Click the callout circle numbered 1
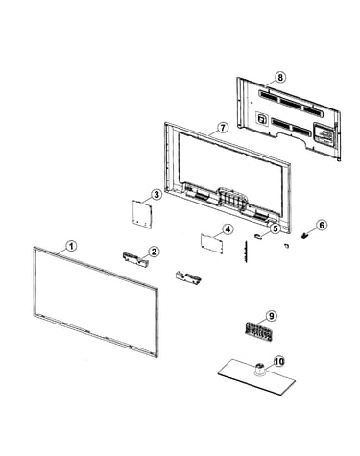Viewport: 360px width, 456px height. (71, 246)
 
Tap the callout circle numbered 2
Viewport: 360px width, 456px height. (154, 252)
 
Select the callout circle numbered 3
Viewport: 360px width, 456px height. (156, 195)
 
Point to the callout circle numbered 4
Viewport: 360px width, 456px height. (228, 229)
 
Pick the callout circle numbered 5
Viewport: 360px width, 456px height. (276, 228)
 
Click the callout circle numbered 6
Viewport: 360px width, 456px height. (322, 226)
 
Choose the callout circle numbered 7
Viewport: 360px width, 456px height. (223, 128)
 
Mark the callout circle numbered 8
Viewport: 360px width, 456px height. (280, 77)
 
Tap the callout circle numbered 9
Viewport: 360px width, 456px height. (272, 316)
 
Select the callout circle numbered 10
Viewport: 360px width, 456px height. (279, 362)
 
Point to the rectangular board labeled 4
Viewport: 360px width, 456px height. (211, 244)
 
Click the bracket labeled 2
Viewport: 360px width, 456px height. (135, 259)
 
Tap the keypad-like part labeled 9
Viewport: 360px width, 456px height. (257, 332)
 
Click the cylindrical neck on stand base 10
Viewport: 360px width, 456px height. (260, 368)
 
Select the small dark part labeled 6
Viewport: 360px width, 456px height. (304, 236)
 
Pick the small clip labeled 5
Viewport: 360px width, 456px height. (258, 236)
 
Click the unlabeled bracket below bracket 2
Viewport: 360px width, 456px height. (188, 277)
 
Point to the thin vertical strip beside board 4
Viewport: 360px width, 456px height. (246, 252)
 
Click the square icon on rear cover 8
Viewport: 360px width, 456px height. (262, 119)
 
